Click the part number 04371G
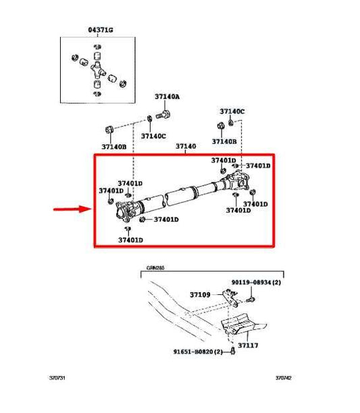coord(101,30)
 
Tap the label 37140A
coord(167,97)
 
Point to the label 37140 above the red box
coord(186,146)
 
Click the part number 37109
coord(200,294)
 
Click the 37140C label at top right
coord(232,111)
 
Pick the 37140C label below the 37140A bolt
coord(154,136)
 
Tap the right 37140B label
coord(224,141)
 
